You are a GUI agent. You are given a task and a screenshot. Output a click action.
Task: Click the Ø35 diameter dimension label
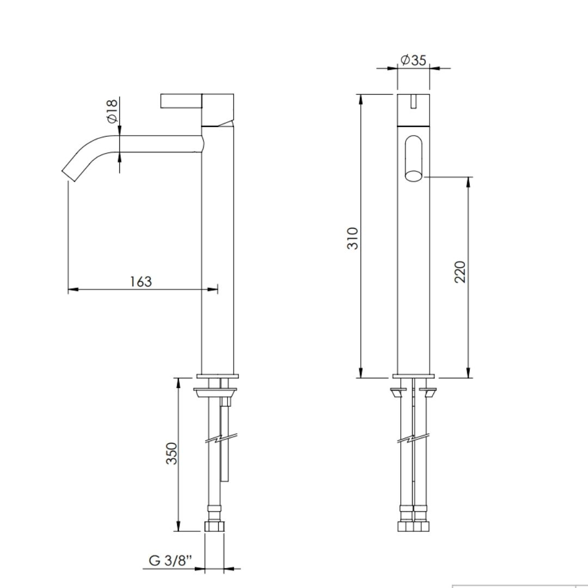(413, 60)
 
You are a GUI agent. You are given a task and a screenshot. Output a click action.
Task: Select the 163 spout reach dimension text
(140, 281)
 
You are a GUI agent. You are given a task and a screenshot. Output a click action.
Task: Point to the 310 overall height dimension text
(352, 238)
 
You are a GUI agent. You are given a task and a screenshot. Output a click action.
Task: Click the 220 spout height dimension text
(460, 272)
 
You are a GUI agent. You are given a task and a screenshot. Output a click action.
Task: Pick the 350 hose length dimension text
(171, 454)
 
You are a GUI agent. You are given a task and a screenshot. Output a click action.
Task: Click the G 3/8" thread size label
(170, 560)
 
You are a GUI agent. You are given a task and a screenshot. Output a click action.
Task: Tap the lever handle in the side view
(181, 101)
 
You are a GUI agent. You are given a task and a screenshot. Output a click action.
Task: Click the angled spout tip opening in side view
(69, 176)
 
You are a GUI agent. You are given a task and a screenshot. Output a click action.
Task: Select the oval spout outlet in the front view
(414, 158)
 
